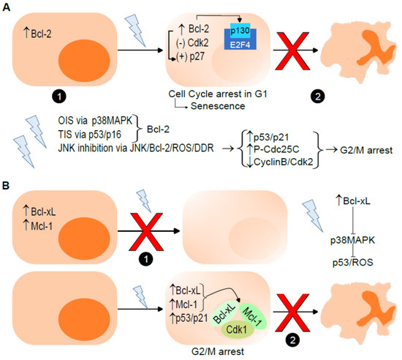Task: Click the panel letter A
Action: pos(7,7)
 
